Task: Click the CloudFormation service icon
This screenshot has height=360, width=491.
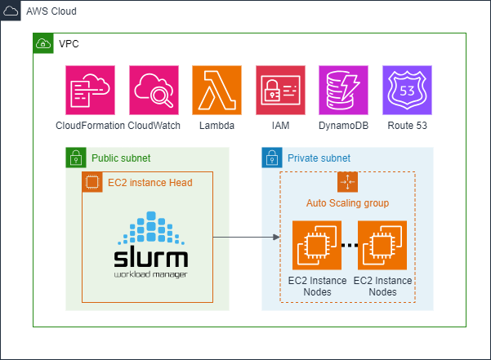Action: coord(90,91)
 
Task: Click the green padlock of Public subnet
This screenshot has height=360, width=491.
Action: coord(75,158)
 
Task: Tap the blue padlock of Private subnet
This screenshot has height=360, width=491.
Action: coord(271,158)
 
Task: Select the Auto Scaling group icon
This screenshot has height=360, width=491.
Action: coord(348,182)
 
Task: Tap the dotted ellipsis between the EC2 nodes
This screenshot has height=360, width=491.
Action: coord(348,244)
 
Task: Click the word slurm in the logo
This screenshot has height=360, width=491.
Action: coord(151,258)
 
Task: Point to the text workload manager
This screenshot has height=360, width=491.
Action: coord(151,275)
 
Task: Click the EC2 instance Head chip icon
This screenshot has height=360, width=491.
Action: coord(92,182)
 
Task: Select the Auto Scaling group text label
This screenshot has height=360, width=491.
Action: coord(347,202)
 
